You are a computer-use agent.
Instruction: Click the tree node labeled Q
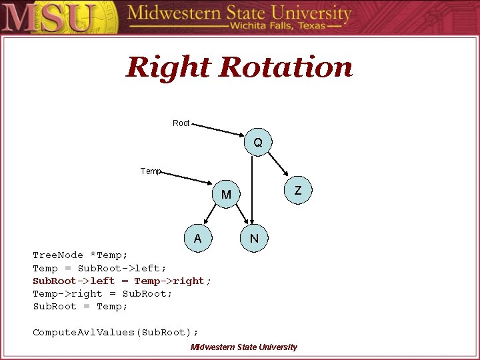(x=257, y=143)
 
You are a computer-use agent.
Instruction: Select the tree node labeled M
(x=227, y=195)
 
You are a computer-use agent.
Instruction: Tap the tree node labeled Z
(x=298, y=191)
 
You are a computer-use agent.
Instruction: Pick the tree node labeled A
(x=197, y=239)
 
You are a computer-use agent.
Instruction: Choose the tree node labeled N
(x=254, y=239)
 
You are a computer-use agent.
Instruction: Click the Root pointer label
(x=181, y=123)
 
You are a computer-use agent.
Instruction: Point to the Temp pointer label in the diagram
(x=151, y=171)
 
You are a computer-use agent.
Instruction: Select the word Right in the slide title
(x=168, y=67)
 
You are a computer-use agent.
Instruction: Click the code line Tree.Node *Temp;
(x=80, y=255)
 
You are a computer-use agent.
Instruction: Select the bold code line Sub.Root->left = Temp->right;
(x=122, y=281)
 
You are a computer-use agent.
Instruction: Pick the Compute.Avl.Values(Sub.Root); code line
(x=115, y=332)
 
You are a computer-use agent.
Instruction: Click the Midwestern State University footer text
(x=243, y=347)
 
